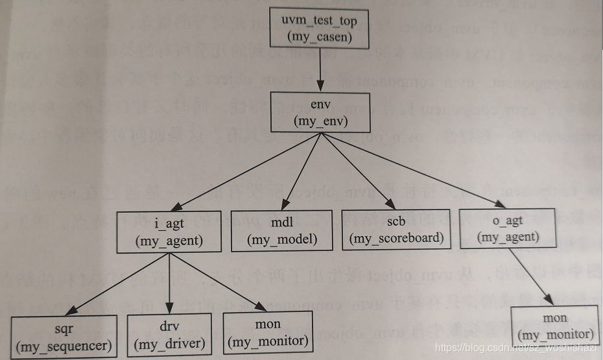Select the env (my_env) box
tap(320, 112)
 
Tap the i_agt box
tap(169, 232)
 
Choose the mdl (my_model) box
tap(282, 230)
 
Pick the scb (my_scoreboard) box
tap(396, 230)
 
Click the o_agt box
tap(508, 228)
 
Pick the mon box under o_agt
tap(555, 326)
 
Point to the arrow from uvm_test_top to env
tap(320, 71)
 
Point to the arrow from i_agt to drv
tap(169, 283)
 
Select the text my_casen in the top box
tap(320, 37)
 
